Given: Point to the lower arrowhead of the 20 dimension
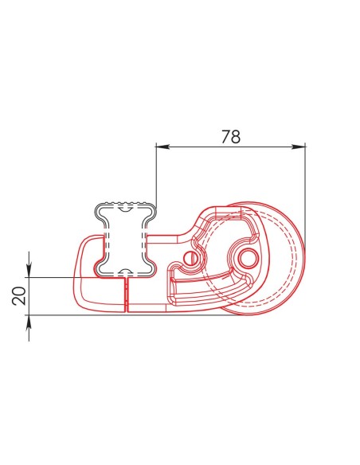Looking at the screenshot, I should (x=29, y=319).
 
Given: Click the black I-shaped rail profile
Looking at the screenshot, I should (x=124, y=239).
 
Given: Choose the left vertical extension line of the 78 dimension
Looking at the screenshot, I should (x=156, y=175).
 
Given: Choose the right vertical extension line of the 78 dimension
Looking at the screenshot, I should (x=306, y=191).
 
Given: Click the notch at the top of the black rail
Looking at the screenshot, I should (x=125, y=209).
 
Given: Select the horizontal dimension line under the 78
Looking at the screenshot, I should (x=230, y=147).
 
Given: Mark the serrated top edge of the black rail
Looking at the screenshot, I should (x=124, y=204).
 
